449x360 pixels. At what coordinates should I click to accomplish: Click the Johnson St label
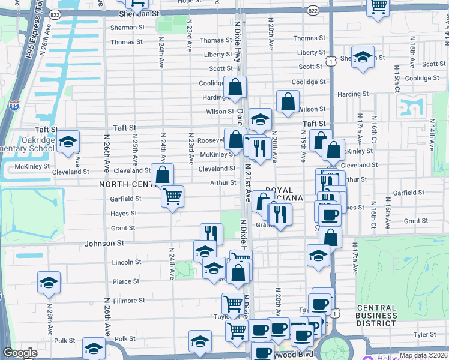pos(104,244)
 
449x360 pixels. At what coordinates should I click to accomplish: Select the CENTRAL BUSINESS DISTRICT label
pos(376,316)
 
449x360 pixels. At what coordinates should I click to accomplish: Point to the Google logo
pos(19,353)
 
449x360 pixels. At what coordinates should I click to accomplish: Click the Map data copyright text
pos(423,355)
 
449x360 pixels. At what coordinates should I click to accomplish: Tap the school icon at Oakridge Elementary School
pos(68,142)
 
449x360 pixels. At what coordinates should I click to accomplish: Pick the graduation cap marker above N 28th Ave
pos(49,282)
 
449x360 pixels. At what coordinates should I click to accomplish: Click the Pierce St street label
pos(126,281)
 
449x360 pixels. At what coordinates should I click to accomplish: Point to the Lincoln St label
pos(127,262)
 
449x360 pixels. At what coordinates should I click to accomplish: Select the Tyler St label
pos(424,334)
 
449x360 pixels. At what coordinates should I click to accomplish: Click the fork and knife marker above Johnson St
pos(211,233)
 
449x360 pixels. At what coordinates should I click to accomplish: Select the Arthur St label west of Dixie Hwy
pos(223,183)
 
